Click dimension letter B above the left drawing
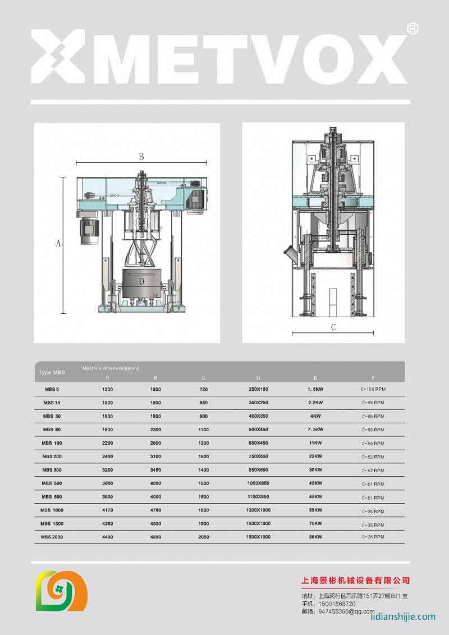[141, 157]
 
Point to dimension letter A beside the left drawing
[58, 244]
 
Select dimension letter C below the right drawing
[333, 327]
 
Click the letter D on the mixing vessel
[141, 281]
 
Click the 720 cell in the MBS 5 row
[204, 389]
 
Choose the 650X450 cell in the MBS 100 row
[258, 443]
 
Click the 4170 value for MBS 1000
[108, 510]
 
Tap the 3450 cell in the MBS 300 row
[155, 470]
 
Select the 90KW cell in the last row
[315, 537]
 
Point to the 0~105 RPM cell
[373, 389]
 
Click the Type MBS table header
[52, 373]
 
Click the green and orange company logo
[61, 591]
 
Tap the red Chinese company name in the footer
[355, 580]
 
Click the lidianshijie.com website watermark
[403, 616]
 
